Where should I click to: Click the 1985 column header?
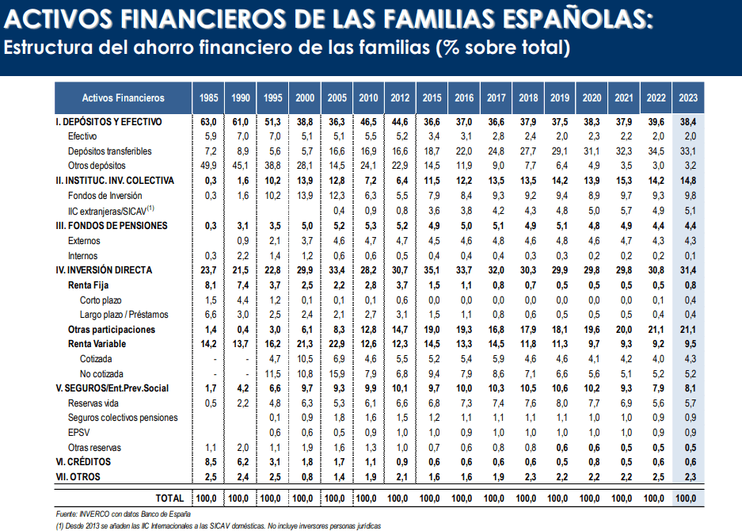(209, 97)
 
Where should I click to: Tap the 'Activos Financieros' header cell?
(123, 97)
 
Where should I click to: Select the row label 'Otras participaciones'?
(112, 329)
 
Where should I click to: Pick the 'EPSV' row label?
(78, 433)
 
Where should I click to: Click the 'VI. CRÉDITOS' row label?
(83, 462)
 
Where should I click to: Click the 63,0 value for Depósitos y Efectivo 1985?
(209, 122)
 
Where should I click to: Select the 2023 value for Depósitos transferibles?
(688, 151)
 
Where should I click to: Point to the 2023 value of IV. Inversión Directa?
(688, 270)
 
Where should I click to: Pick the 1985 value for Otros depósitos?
(209, 166)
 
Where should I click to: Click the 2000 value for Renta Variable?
(304, 344)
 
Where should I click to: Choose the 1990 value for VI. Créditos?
(241, 462)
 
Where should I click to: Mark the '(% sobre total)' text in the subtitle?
(501, 48)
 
